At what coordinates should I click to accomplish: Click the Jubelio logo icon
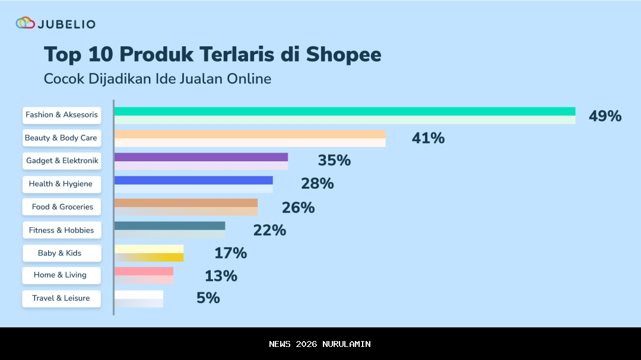pyautogui.click(x=26, y=23)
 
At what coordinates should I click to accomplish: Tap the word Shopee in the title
pyautogui.click(x=344, y=54)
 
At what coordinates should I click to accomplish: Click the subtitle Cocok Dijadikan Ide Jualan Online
pyautogui.click(x=157, y=78)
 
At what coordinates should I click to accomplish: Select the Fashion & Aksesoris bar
pyautogui.click(x=344, y=115)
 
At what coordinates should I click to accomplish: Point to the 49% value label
pyautogui.click(x=605, y=116)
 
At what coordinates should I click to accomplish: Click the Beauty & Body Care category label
pyautogui.click(x=61, y=138)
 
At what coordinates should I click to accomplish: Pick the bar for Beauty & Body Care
pyautogui.click(x=249, y=138)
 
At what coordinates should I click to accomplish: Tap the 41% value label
pyautogui.click(x=428, y=138)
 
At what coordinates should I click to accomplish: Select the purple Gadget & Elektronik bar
pyautogui.click(x=201, y=161)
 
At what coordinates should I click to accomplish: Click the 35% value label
pyautogui.click(x=334, y=161)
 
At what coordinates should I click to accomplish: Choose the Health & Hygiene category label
pyautogui.click(x=61, y=184)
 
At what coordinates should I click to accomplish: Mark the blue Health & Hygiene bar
pyautogui.click(x=193, y=184)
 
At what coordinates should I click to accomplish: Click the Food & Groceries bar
pyautogui.click(x=186, y=206)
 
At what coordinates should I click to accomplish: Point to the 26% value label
pyautogui.click(x=298, y=208)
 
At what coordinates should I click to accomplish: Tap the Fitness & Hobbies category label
pyautogui.click(x=61, y=230)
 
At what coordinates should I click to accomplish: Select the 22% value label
pyautogui.click(x=269, y=230)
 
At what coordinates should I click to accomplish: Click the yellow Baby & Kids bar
pyautogui.click(x=148, y=253)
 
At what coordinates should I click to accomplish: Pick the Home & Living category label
pyautogui.click(x=61, y=275)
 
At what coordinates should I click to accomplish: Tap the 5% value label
pyautogui.click(x=208, y=298)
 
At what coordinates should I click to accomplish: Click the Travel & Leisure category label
pyautogui.click(x=61, y=298)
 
